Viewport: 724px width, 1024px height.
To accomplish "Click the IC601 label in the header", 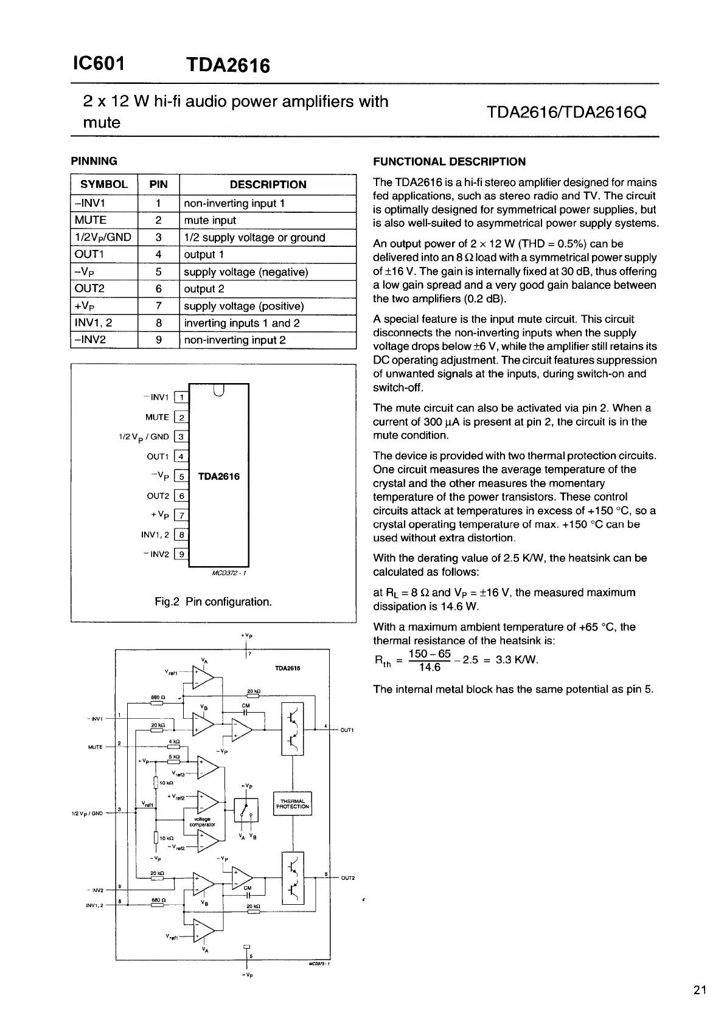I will point(98,63).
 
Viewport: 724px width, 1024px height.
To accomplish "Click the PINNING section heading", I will point(94,161).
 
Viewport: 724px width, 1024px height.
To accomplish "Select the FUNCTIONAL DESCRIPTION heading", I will point(449,162).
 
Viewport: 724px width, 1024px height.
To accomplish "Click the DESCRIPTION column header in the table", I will point(268,185).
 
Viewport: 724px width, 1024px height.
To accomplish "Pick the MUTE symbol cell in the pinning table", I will point(91,220).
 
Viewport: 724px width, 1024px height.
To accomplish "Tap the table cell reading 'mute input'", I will point(210,220).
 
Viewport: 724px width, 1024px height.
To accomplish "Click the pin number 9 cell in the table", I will point(158,340).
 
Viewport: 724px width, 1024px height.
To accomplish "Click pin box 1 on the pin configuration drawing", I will point(181,398).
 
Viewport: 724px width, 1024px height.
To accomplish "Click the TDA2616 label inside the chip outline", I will point(219,476).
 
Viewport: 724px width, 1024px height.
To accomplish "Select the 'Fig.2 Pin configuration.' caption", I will point(213,602).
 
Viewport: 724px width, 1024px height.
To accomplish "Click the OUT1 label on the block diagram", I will point(347,730).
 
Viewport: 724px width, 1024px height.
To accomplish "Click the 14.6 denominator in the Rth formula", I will point(430,668).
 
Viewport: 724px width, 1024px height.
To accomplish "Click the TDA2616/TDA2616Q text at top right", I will point(566,112).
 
